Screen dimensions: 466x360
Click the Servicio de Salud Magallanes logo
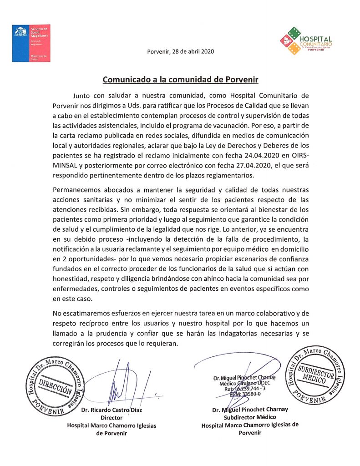(31, 43)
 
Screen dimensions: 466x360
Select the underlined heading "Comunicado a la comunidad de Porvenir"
(180, 80)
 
